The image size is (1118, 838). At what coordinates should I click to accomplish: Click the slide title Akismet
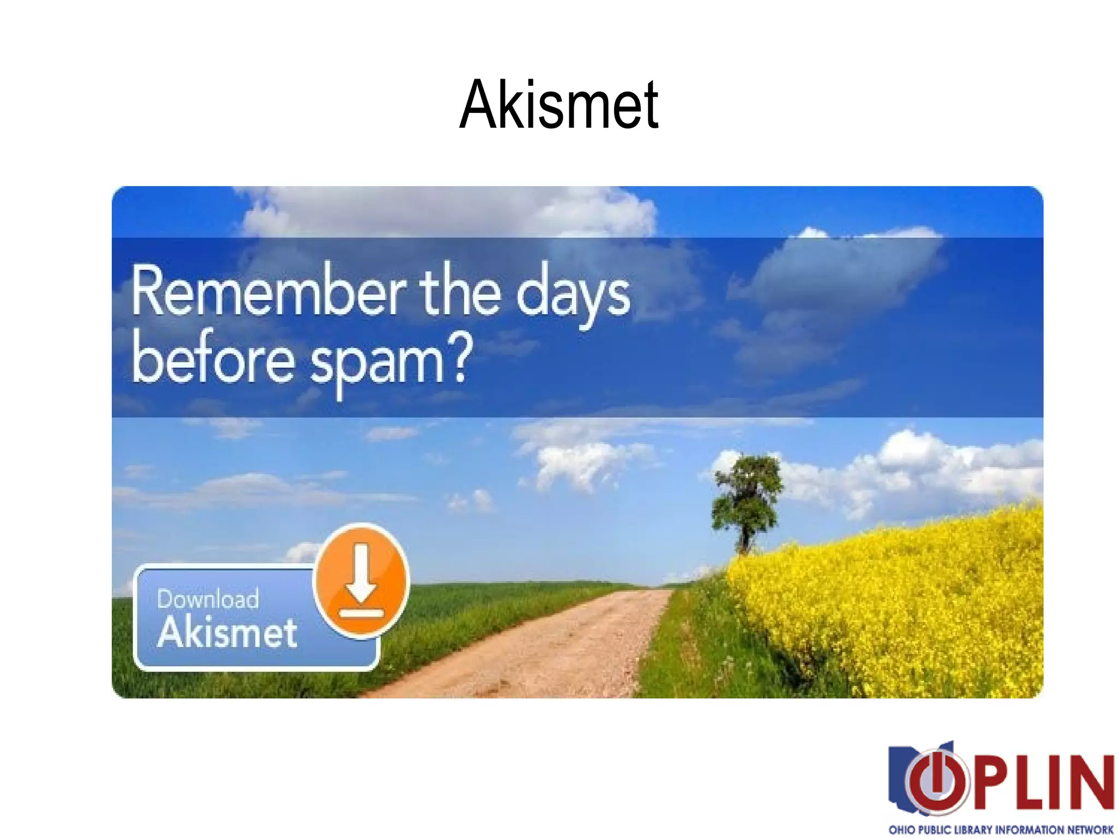[x=559, y=105]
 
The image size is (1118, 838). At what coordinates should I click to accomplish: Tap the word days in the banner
[x=573, y=295]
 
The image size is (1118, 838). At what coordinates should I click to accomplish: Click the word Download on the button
[x=208, y=598]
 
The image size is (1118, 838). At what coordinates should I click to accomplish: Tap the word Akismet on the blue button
[x=227, y=633]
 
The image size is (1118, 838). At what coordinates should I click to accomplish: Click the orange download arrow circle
[x=361, y=580]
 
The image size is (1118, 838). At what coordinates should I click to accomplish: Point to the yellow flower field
[x=901, y=600]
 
